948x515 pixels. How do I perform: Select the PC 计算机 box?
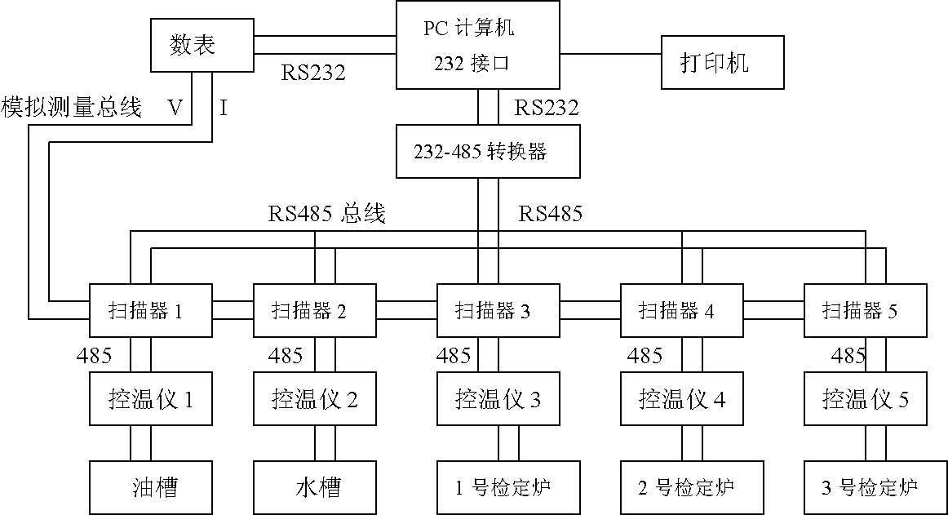477,45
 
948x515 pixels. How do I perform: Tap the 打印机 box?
722,62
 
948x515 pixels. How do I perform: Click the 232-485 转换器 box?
487,151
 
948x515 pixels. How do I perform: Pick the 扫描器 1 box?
150,310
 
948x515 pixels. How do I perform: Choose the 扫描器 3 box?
498,310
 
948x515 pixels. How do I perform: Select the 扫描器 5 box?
865,310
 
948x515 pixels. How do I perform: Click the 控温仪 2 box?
314,400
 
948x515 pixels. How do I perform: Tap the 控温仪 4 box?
681,400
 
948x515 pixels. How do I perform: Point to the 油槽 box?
150,487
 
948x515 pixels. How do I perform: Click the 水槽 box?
314,487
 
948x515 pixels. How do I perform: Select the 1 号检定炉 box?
498,487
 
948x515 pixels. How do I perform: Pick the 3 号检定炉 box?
865,487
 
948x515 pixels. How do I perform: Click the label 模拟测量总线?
72,107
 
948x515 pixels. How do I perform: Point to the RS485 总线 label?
326,215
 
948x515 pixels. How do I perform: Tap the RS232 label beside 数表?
313,73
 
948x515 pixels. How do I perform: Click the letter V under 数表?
175,108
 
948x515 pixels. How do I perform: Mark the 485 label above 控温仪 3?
454,356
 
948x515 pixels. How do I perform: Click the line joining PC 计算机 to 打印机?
610,54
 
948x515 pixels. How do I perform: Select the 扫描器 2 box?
314,310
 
